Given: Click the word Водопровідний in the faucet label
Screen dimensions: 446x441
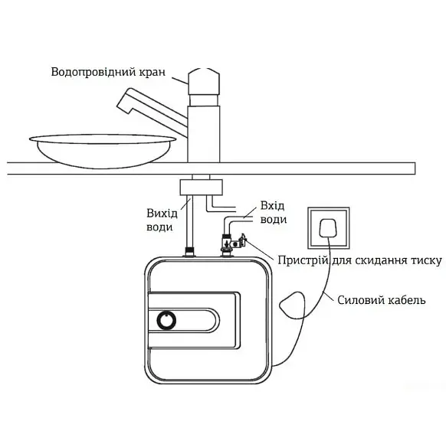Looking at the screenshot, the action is coord(93,72).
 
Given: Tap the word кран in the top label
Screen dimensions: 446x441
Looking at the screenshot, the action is coord(152,73).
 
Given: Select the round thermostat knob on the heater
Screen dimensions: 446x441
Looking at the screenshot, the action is coord(166,320).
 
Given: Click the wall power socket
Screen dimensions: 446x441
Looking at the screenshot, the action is coord(328,228).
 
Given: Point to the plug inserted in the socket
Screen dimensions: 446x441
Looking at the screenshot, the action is coord(328,228).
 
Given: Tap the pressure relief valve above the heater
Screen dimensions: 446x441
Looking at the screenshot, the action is coord(233,243).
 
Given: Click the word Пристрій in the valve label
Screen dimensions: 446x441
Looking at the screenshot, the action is coord(303,260).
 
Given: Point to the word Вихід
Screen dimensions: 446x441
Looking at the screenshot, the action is coord(162,213).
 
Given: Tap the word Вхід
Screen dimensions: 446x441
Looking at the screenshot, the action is coord(272,205).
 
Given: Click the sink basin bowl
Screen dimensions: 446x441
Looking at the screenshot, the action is coord(103,150).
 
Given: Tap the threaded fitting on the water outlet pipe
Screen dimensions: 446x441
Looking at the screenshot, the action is coord(189,251).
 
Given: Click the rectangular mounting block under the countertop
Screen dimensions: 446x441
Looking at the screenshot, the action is coord(201,188).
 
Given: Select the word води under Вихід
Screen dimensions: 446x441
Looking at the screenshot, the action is coord(159,227).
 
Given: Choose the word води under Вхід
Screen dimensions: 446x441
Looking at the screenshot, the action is coord(274,220).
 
